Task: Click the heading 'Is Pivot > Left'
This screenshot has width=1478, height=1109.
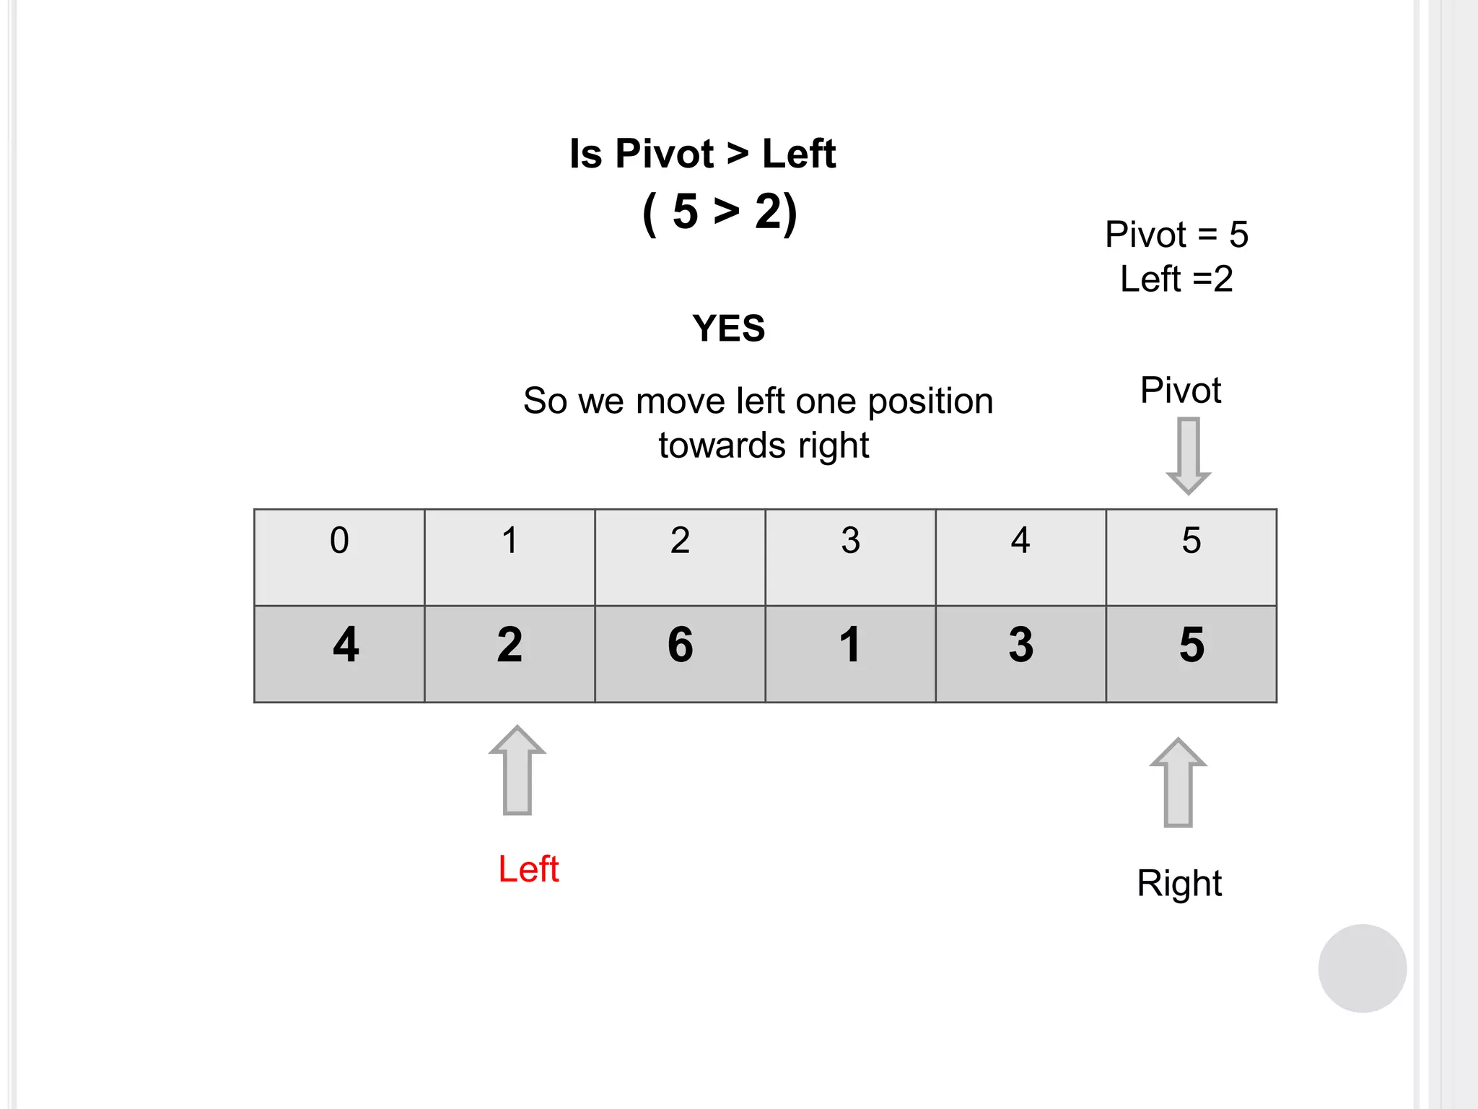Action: (x=702, y=154)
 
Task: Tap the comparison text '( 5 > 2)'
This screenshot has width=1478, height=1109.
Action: (x=720, y=212)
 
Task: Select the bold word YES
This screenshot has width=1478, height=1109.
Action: (x=728, y=329)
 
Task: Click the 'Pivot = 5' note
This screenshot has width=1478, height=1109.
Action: (x=1176, y=235)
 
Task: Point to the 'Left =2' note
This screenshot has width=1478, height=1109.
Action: (x=1176, y=279)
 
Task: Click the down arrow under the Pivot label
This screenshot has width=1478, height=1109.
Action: (x=1188, y=456)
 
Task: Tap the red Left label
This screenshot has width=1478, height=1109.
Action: (x=528, y=869)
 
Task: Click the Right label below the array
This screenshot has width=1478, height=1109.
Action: (x=1179, y=883)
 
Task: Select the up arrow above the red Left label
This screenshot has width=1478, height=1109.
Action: (x=517, y=770)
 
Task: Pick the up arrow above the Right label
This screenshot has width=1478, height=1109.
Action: (x=1178, y=783)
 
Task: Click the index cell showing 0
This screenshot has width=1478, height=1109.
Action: (x=339, y=557)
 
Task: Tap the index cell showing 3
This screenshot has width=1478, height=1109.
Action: (x=850, y=557)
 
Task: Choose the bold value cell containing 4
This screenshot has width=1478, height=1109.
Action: (x=339, y=653)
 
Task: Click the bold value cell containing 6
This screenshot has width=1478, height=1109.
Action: (x=680, y=653)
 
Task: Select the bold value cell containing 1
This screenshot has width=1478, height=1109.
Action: (x=850, y=653)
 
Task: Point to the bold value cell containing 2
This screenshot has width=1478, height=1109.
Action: (x=510, y=653)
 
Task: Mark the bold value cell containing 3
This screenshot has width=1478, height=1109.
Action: (x=1020, y=653)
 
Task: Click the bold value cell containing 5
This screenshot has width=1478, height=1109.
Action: (x=1191, y=653)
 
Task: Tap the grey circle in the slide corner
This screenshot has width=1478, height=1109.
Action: (x=1362, y=968)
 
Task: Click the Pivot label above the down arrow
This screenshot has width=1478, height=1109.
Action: (x=1181, y=391)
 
